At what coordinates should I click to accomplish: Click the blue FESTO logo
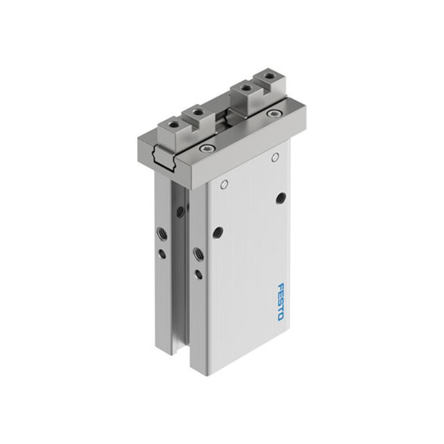(280, 302)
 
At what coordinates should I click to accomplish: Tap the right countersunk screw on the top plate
(273, 114)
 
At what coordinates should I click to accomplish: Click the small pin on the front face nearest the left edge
(225, 185)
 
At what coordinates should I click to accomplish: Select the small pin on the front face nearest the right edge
(275, 157)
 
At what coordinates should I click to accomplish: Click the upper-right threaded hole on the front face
(281, 198)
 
